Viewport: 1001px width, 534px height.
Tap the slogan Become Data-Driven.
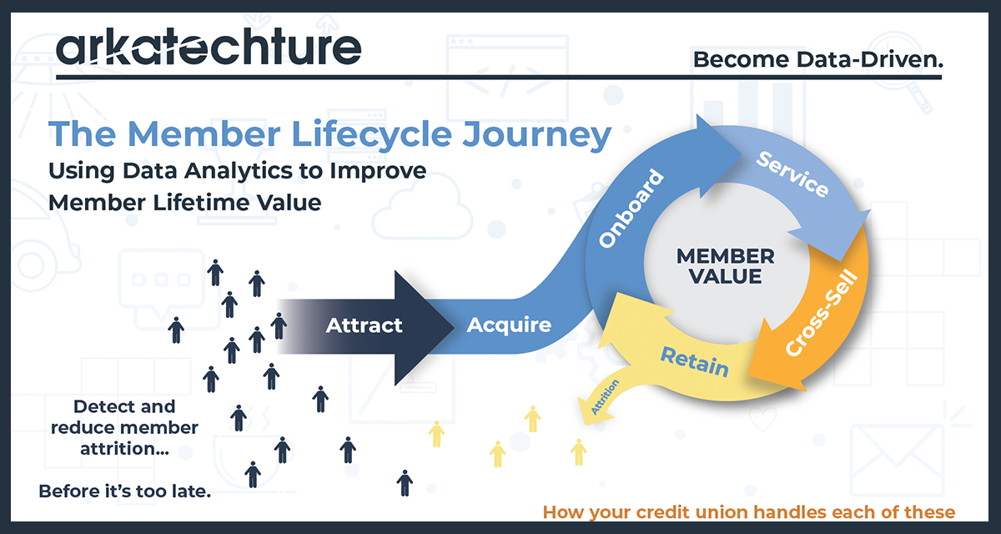[817, 59]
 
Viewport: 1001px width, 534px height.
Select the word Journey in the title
[537, 136]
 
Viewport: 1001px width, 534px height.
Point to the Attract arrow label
[365, 325]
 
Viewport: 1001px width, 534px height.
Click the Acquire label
[509, 325]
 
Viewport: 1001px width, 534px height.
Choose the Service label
[792, 174]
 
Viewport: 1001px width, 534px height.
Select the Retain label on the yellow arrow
[694, 361]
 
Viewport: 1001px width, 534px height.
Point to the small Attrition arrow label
[606, 397]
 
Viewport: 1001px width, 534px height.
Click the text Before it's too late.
[124, 491]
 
